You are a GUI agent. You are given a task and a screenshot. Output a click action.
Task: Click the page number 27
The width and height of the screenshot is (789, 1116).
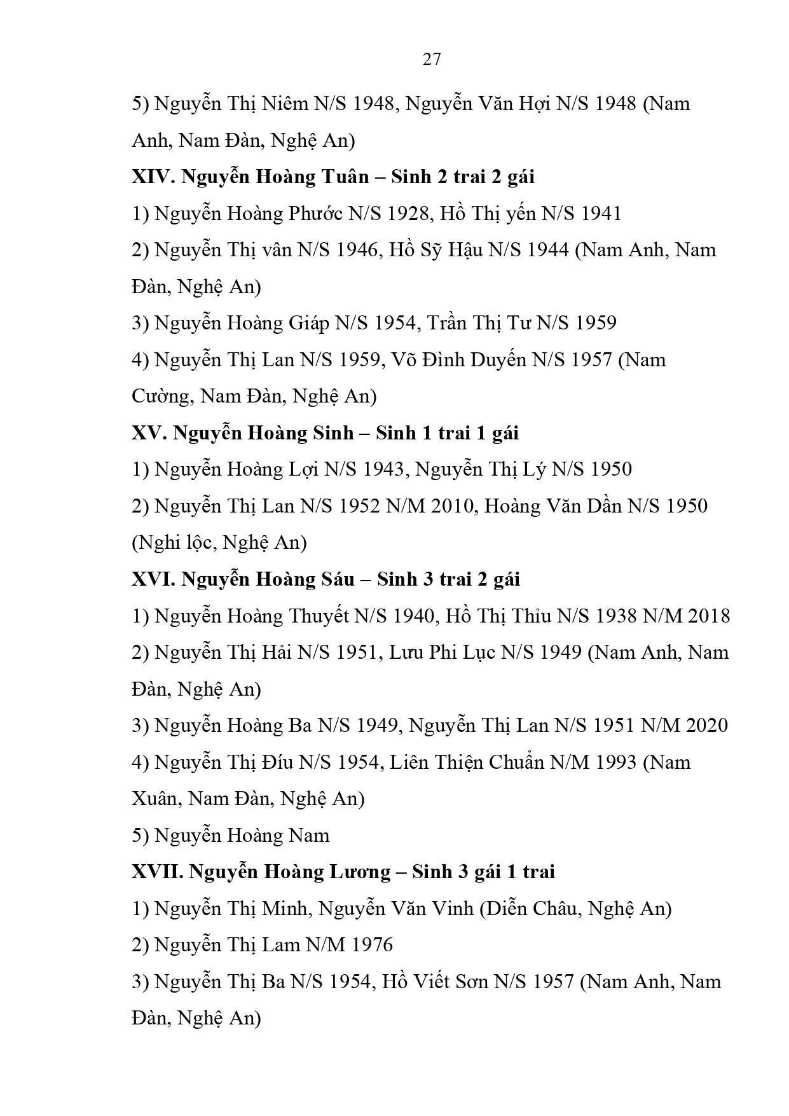pos(432,59)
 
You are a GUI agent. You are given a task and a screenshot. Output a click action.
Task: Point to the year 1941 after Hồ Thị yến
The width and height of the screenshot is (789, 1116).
pos(598,214)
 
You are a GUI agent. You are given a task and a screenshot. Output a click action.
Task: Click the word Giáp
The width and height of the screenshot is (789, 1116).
pos(309,323)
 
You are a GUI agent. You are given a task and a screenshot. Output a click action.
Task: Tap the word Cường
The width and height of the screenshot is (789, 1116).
pos(162,396)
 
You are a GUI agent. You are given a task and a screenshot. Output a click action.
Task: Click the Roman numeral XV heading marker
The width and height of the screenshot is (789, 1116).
pos(149,433)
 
